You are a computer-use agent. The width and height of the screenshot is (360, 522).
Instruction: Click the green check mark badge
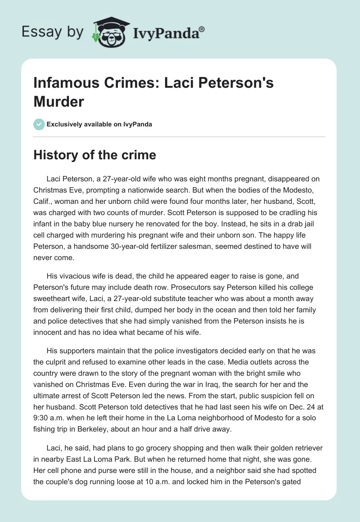coord(39,124)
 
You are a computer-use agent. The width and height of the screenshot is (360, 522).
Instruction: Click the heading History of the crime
coord(94,155)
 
